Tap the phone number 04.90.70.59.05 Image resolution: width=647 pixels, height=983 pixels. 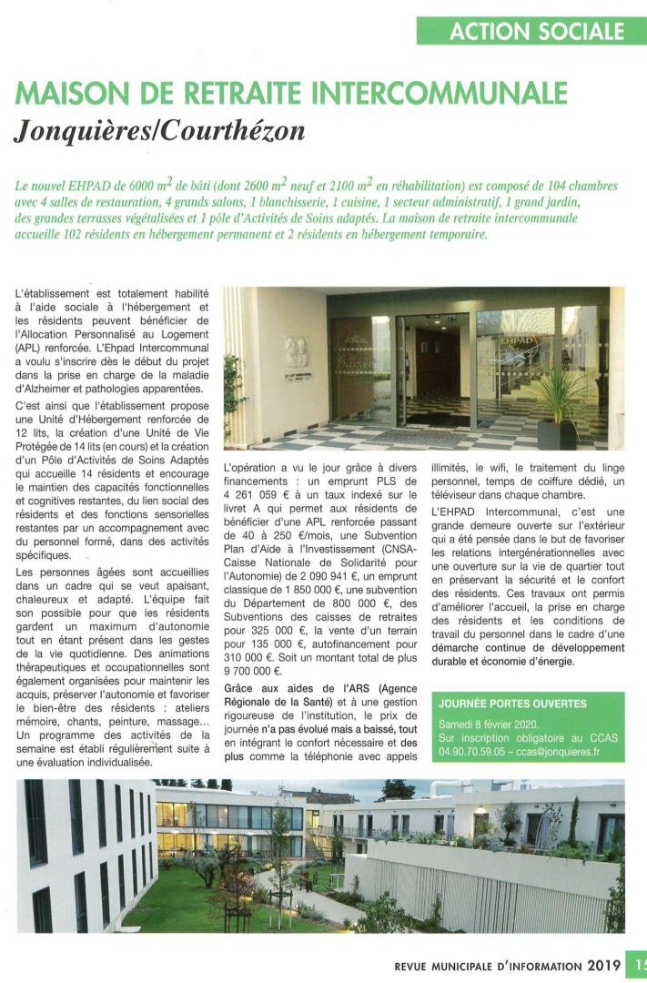point(475,754)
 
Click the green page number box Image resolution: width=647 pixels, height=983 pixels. point(638,965)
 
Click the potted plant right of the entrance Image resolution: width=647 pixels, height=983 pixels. point(557,400)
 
